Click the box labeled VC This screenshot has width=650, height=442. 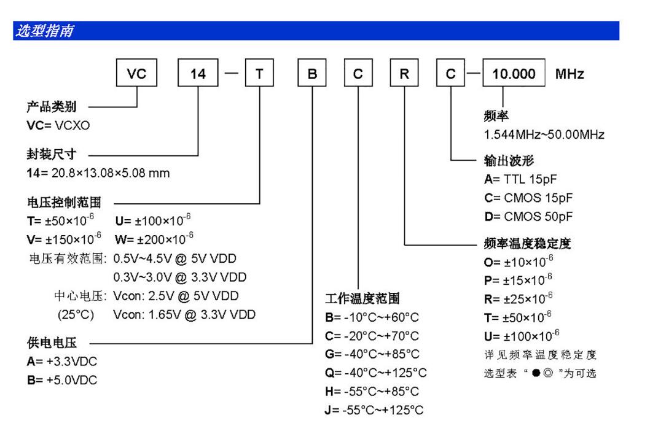136,75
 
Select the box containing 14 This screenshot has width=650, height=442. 198,75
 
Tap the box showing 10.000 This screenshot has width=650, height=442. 514,75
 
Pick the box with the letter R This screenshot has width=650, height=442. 405,75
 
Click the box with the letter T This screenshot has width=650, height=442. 259,75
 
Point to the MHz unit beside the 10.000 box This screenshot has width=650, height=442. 570,75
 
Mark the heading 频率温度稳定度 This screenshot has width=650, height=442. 528,244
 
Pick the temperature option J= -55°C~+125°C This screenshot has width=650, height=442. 374,410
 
